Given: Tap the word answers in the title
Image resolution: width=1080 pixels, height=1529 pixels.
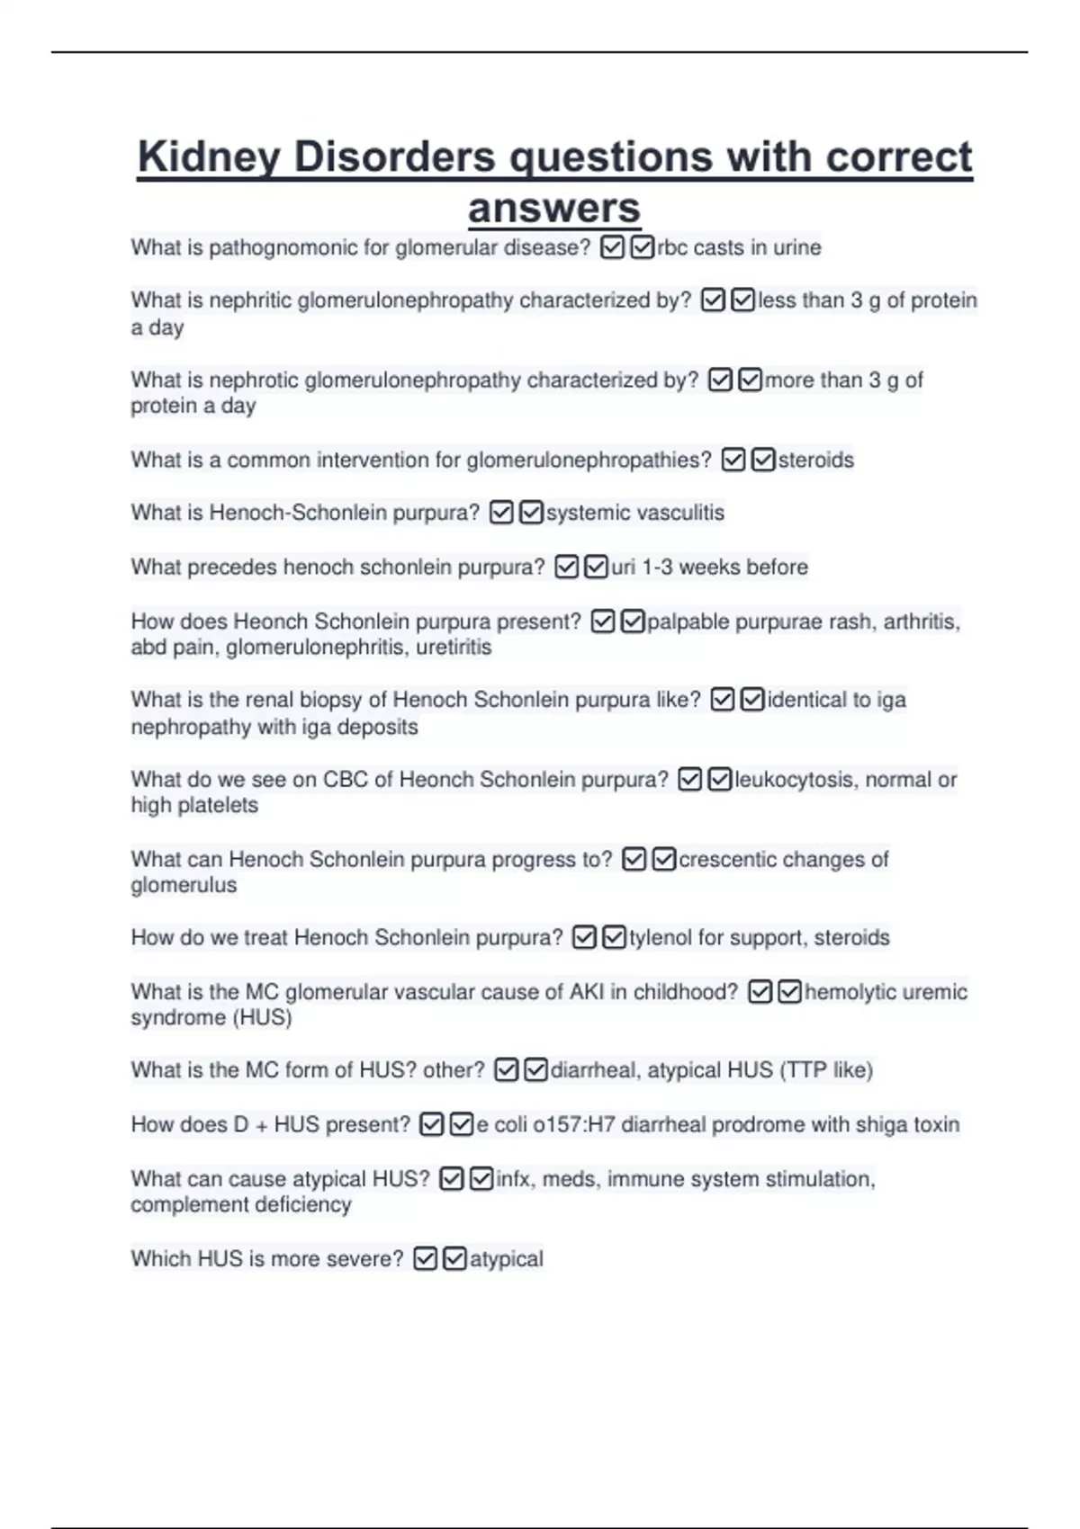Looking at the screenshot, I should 553,209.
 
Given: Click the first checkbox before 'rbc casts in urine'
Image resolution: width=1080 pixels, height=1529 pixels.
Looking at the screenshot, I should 612,247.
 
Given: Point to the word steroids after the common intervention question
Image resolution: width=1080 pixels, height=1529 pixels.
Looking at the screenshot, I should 815,460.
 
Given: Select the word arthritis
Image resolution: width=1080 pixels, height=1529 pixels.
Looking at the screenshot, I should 921,621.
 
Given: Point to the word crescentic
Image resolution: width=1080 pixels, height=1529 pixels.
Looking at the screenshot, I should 729,859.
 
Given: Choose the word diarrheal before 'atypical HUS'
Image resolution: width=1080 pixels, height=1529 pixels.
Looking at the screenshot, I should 595,1069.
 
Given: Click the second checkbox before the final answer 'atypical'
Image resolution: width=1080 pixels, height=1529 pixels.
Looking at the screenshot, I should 455,1258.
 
